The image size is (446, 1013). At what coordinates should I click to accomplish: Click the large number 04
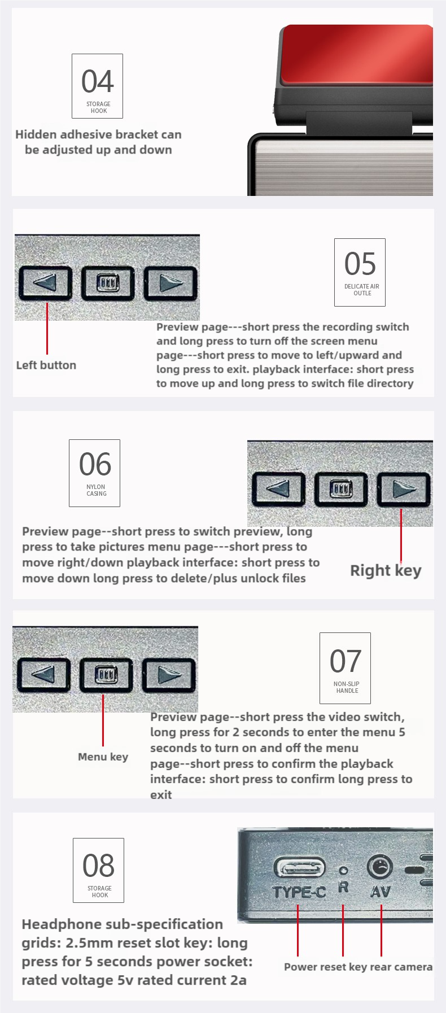[x=97, y=81]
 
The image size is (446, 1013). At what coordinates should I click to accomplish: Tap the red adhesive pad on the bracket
[x=357, y=55]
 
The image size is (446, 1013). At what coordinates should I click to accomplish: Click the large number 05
[x=360, y=264]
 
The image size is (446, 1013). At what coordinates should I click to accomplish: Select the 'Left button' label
[x=46, y=365]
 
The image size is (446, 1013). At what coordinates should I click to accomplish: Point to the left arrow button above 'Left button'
[x=45, y=282]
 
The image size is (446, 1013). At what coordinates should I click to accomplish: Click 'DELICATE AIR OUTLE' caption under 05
[x=362, y=290]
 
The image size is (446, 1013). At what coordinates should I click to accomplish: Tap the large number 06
[x=95, y=464]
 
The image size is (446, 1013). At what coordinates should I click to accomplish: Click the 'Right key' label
[x=386, y=570]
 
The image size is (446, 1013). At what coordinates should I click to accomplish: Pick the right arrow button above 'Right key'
[x=404, y=489]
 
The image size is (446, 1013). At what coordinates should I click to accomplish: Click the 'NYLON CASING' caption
[x=96, y=490]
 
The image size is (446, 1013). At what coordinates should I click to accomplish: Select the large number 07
[x=345, y=661]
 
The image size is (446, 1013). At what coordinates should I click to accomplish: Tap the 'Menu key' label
[x=103, y=757]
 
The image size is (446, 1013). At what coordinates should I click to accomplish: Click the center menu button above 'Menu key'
[x=106, y=674]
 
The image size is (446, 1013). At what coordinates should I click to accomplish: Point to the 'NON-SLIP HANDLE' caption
[x=347, y=687]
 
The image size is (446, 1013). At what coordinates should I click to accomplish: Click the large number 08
[x=98, y=866]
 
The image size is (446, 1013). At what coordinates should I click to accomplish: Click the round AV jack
[x=379, y=866]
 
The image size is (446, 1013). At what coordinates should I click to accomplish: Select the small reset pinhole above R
[x=343, y=871]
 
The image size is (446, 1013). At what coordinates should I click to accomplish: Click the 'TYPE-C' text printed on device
[x=299, y=892]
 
